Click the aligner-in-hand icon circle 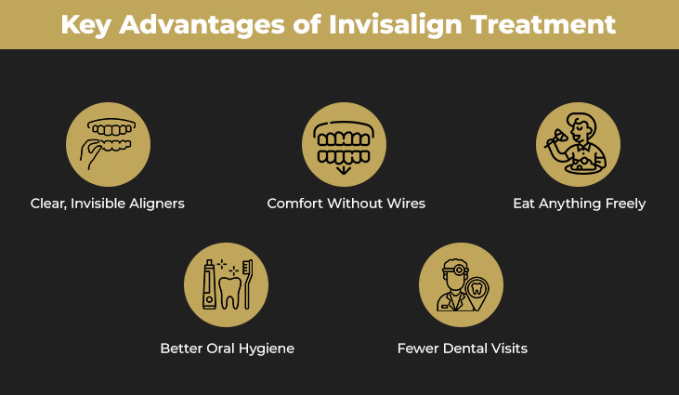[x=108, y=144]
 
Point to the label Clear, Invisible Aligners [x=108, y=204]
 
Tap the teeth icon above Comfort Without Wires [x=344, y=144]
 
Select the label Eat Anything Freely [x=579, y=204]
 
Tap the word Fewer [x=418, y=349]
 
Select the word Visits [x=506, y=349]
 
